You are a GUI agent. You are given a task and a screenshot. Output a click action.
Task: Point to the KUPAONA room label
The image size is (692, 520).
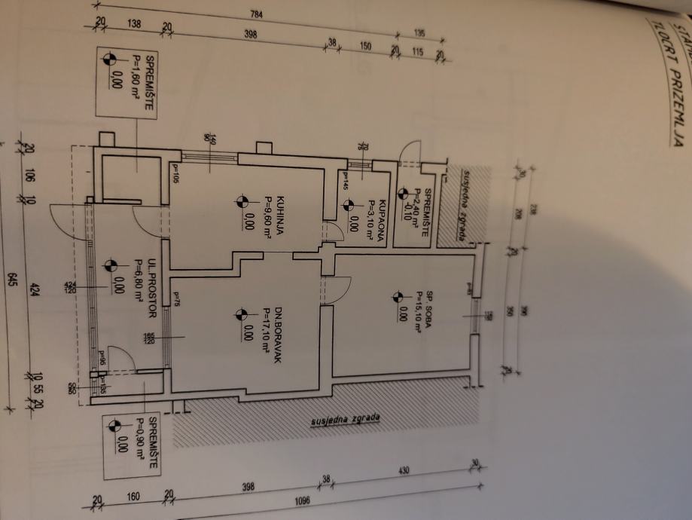(x=383, y=216)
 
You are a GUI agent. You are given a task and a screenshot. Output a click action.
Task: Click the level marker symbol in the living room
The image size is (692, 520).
(x=241, y=314)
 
